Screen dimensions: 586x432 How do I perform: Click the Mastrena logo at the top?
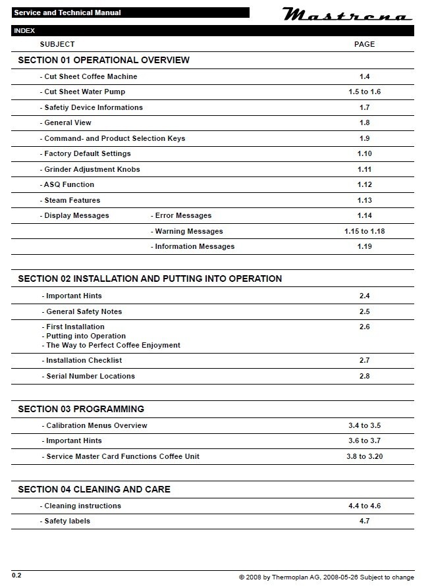point(347,14)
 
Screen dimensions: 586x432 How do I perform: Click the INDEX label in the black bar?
point(24,31)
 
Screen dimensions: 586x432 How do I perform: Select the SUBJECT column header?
point(57,44)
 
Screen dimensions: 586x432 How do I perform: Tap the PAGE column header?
point(364,44)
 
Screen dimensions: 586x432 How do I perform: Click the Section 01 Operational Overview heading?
point(103,60)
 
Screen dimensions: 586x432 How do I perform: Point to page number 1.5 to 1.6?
point(364,92)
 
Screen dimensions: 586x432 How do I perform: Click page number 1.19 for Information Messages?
point(364,246)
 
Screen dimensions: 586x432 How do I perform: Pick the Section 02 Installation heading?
point(149,279)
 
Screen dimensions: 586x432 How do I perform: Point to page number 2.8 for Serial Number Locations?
point(364,376)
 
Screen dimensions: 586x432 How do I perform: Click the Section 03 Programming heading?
point(81,409)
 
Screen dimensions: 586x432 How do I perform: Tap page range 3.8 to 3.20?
point(364,456)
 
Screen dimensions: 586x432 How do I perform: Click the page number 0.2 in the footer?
point(16,575)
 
